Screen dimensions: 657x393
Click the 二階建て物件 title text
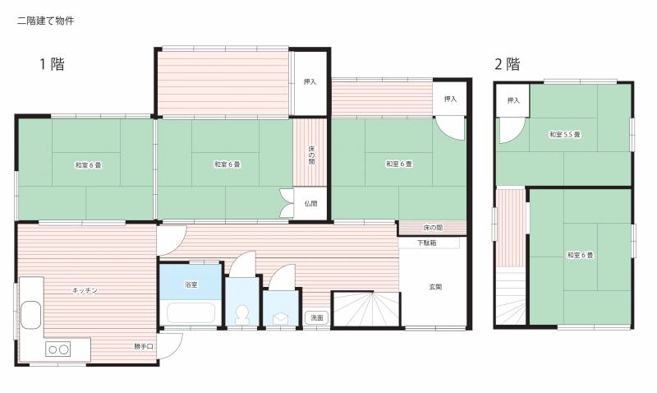pos(46,21)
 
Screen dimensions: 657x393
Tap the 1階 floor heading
pos(52,64)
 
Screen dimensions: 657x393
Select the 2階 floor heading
pos(508,64)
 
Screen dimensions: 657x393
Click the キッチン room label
pos(85,290)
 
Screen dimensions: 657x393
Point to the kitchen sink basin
pos(30,315)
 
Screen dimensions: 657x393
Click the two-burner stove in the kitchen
pos(57,349)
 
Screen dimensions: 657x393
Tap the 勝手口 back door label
pos(144,346)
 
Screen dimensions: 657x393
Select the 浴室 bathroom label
pos(191,284)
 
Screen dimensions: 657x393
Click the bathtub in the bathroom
pos(191,312)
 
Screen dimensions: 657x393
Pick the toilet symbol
pos(241,315)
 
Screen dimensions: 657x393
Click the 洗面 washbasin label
pos(317,318)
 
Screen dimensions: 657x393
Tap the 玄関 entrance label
pos(435,287)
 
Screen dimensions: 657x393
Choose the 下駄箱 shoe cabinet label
pos(426,243)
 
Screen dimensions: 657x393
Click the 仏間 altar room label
pos(310,204)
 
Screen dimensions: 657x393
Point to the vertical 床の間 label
pos(311,155)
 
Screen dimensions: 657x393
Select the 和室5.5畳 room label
pos(565,135)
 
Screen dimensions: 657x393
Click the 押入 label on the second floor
pos(513,100)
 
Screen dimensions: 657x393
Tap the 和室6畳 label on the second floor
pos(581,255)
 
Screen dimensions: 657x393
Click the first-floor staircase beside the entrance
pos(366,308)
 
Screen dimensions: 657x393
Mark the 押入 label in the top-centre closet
pos(310,82)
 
